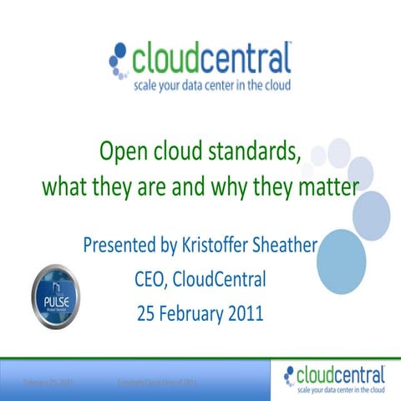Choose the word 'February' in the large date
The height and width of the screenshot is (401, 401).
[190, 315]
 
